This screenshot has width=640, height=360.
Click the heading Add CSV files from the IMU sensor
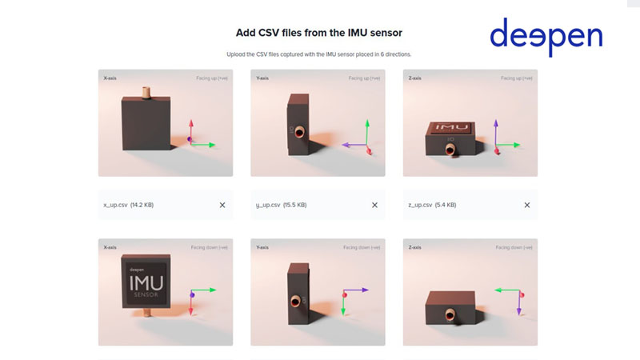318,33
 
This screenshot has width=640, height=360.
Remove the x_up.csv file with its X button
222,205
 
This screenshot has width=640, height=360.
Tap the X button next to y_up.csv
374,205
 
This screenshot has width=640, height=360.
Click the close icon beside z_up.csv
526,205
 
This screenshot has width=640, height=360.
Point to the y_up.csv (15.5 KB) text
281,205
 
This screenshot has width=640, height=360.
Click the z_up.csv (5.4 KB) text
432,205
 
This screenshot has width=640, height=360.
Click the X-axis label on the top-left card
111,78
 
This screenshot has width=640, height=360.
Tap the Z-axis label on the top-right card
415,78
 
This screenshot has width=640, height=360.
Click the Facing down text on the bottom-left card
209,248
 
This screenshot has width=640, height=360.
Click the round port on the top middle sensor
298,133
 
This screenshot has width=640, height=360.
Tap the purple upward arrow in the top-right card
496,132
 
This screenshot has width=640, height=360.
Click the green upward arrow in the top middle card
366,132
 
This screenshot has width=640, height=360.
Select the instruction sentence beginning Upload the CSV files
318,54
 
